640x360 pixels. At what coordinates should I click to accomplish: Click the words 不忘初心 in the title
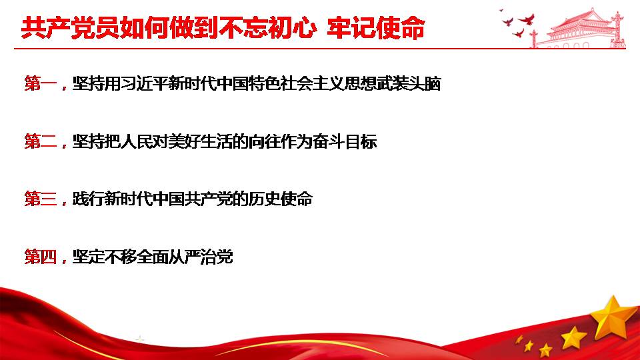coord(267,28)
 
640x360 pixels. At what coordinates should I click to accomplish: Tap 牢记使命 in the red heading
coord(376,28)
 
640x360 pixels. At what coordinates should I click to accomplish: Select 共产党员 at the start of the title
coord(70,28)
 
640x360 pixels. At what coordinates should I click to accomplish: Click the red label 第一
coord(41,84)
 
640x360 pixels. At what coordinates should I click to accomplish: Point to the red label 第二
coord(41,141)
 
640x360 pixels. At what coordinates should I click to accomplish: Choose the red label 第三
coord(41,199)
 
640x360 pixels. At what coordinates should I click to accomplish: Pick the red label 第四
coord(41,257)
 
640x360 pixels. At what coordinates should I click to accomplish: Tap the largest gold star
coord(612,317)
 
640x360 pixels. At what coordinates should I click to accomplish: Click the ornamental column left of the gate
coord(533,39)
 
